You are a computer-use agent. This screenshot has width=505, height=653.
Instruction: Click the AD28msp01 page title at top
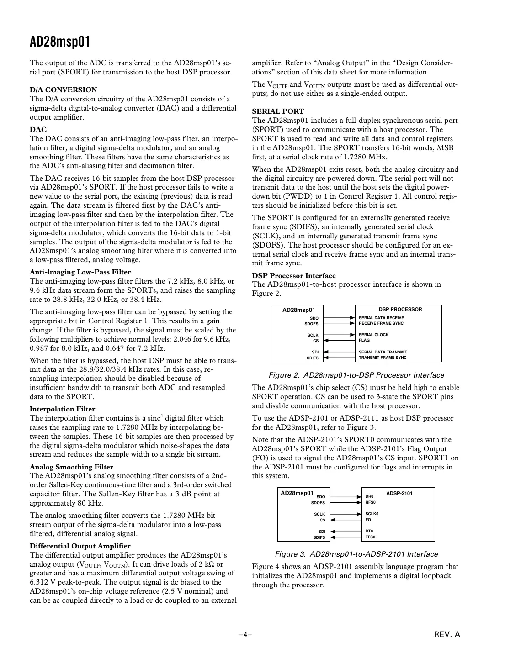60,42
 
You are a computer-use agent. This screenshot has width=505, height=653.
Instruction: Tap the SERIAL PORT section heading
278,111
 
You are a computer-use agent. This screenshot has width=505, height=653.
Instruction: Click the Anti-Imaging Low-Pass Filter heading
80,272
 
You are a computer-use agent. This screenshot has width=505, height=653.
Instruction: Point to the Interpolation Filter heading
62,409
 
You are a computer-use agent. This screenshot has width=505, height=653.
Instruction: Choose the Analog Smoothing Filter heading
71,467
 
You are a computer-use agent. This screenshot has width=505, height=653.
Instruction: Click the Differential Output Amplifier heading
80,546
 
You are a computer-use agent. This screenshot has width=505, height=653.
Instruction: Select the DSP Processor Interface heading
294,276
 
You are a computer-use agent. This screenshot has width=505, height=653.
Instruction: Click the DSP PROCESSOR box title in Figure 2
400,310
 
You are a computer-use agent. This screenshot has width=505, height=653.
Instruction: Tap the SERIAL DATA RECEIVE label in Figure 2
381,318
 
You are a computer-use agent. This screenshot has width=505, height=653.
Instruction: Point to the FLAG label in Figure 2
364,340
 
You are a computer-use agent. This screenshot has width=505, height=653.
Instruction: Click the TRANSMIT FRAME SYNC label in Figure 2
383,358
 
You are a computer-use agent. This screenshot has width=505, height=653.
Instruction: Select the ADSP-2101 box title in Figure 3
399,494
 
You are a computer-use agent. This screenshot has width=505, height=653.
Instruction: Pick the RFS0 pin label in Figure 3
370,502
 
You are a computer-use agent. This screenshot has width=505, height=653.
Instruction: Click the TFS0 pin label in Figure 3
370,537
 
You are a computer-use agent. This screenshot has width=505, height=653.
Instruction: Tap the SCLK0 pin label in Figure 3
372,514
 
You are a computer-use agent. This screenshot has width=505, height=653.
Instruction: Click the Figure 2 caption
356,375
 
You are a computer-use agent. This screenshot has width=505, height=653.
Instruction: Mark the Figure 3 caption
356,554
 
